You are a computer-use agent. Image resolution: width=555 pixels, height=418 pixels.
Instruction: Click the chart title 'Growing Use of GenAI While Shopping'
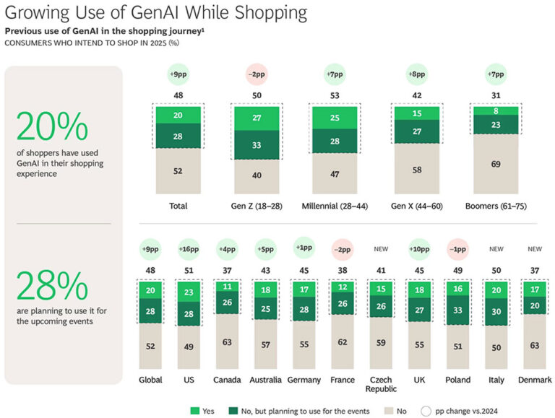tap(155, 14)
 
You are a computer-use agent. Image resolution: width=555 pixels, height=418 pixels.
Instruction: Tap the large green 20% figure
tap(52, 128)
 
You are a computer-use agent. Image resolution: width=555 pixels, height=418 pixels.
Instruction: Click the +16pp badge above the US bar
tap(189, 250)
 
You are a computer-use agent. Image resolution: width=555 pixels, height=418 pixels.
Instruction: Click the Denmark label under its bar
tap(535, 380)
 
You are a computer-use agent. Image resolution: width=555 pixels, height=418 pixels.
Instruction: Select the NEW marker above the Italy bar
tap(496, 250)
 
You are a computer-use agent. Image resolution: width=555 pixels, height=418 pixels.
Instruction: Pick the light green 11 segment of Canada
tap(228, 286)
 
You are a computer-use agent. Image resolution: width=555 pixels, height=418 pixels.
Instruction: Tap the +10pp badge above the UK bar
tap(419, 250)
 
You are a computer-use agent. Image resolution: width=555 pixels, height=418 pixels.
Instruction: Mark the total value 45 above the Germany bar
tap(304, 271)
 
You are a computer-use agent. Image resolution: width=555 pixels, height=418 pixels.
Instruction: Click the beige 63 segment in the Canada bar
tap(228, 343)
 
